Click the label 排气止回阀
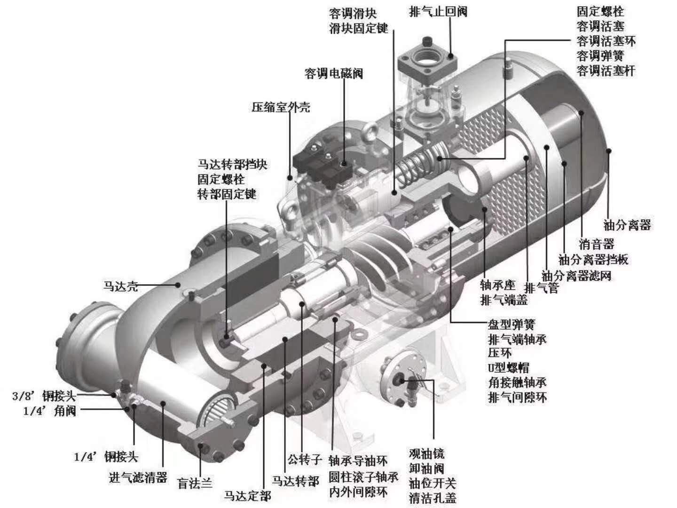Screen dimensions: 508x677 438,11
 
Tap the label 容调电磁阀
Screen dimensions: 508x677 334,74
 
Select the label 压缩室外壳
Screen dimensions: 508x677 281,107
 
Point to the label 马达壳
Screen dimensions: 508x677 121,286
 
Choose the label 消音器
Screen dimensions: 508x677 597,244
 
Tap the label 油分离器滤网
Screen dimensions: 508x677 576,276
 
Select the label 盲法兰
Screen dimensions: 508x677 195,483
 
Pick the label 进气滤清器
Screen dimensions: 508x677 138,478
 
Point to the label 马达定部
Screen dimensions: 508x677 247,495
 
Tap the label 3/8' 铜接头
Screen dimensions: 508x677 44,396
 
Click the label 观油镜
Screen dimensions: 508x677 426,454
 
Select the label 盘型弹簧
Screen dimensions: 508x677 512,324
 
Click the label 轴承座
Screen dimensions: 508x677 497,285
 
